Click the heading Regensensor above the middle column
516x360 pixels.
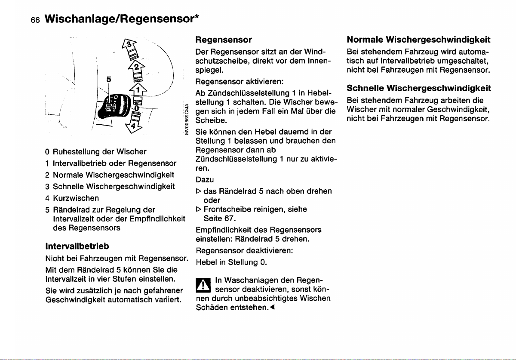coord(224,40)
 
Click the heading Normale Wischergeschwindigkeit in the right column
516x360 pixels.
coord(418,40)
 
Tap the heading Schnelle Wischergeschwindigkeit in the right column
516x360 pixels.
coord(418,88)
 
